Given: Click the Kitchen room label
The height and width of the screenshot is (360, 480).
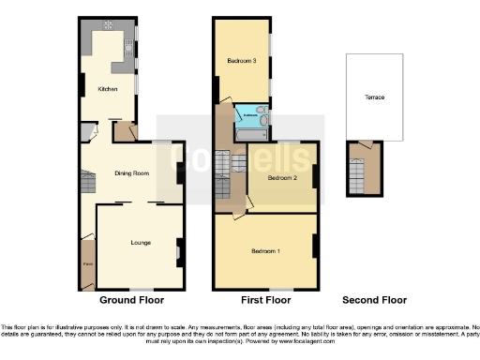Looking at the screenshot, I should [109, 90].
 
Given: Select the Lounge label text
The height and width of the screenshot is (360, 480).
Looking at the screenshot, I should [140, 243].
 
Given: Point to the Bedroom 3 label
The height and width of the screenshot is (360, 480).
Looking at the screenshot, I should [241, 61].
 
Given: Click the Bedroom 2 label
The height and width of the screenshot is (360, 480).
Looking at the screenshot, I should [282, 177].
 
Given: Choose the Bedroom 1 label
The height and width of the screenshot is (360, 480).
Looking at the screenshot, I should [265, 251].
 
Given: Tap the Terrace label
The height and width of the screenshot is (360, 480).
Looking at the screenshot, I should [375, 97].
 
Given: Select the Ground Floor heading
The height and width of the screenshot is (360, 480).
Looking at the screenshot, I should [132, 301].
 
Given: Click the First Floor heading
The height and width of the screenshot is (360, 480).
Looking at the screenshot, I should [266, 301].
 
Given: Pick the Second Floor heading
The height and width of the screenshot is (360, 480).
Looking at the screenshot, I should [375, 301].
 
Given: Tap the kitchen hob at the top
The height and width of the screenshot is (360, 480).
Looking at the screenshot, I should [109, 25].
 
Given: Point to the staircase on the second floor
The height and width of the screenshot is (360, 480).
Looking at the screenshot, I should [355, 174].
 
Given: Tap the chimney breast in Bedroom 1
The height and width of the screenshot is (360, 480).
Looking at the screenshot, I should [315, 246].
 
